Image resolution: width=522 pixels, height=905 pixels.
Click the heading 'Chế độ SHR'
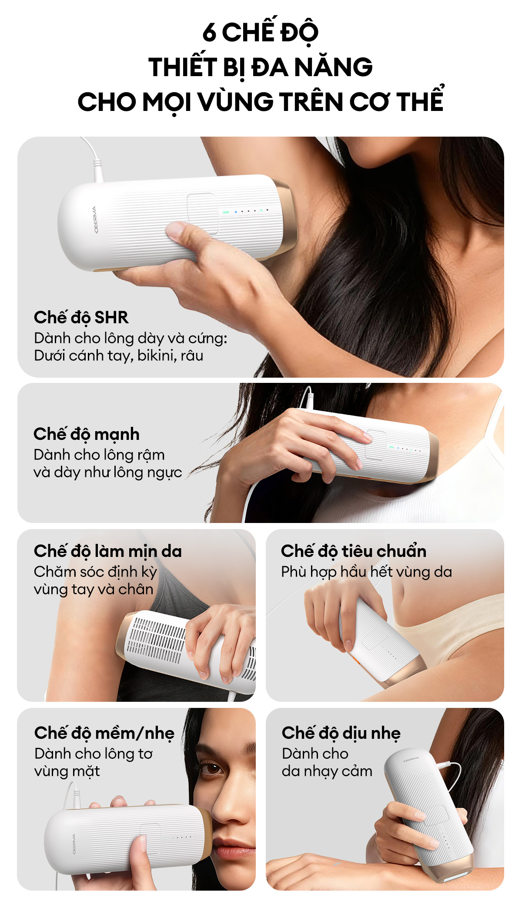click(81, 318)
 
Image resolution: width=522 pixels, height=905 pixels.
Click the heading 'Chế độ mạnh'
click(87, 434)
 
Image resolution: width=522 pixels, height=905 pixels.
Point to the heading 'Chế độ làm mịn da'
click(108, 551)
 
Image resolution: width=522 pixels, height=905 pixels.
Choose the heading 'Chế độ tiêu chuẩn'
click(354, 551)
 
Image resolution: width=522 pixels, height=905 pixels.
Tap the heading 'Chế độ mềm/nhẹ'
click(104, 734)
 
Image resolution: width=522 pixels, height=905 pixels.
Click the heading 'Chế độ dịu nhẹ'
click(341, 733)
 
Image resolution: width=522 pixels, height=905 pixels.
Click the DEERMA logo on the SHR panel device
click(95, 219)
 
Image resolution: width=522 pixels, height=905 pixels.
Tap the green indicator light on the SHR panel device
click(226, 212)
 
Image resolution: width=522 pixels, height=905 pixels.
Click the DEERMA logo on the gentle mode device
click(412, 759)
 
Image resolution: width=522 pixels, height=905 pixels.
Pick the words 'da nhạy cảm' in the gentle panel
click(327, 771)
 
